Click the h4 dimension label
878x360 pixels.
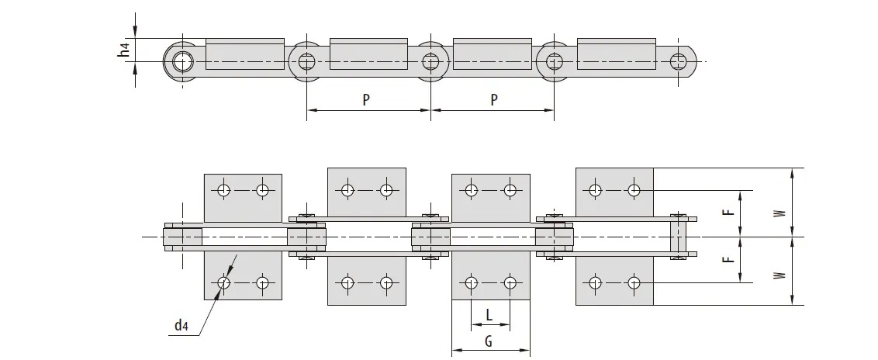[124, 52]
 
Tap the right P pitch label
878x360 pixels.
[493, 99]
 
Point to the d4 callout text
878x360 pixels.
[181, 326]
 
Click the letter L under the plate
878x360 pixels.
[489, 315]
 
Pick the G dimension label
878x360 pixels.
[489, 341]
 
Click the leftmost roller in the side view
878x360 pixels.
[182, 60]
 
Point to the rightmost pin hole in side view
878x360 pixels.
[679, 60]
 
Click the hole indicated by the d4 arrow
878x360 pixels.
[224, 282]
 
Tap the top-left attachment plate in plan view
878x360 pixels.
[243, 197]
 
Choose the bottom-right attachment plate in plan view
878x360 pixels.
[615, 278]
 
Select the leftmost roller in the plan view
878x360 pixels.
[182, 236]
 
